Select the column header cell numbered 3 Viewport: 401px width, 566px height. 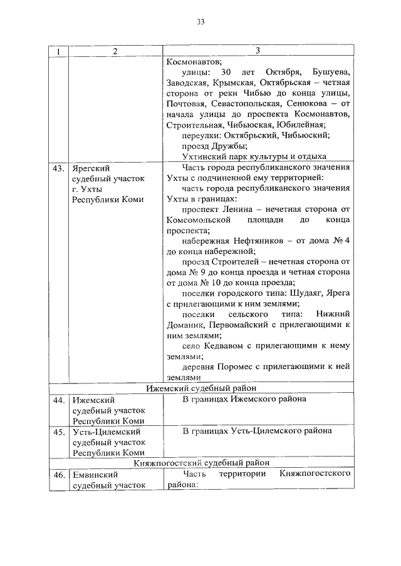(258, 51)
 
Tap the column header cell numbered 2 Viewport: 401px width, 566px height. (115, 51)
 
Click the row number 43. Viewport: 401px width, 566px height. (58, 168)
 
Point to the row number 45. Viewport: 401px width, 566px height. (58, 431)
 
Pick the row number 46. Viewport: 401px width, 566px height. (58, 475)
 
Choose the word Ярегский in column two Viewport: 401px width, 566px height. (91, 168)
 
